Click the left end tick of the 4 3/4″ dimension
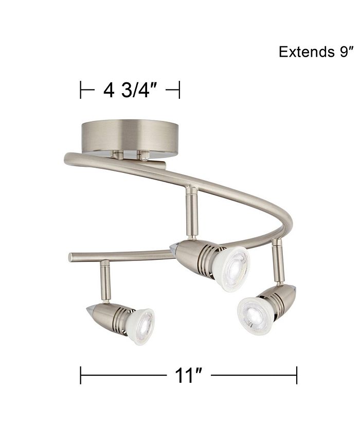click(81, 91)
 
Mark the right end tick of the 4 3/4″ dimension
click(178, 91)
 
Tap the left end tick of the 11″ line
click(81, 376)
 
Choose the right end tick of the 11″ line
click(297, 376)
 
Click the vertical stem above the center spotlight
click(191, 214)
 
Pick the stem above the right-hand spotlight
click(278, 262)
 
